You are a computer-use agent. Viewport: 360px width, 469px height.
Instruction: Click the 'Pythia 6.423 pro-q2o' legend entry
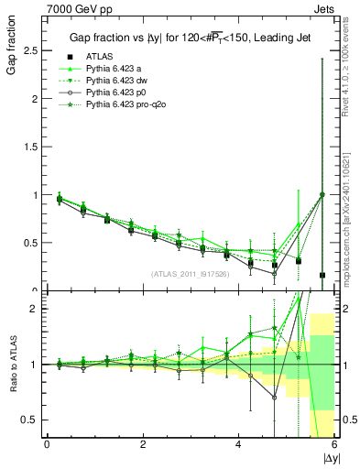[x=129, y=105]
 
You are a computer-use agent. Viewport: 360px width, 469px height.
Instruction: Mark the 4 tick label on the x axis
[x=238, y=444]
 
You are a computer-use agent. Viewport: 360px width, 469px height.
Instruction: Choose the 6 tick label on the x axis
[x=334, y=444]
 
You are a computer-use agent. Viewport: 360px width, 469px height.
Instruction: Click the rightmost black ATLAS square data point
[x=322, y=275]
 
